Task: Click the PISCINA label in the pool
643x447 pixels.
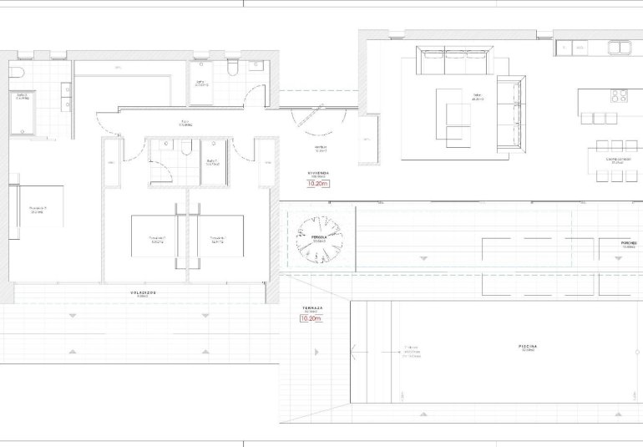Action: click(x=527, y=346)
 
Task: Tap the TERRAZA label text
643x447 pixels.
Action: click(x=312, y=308)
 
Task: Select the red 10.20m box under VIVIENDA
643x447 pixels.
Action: click(x=318, y=185)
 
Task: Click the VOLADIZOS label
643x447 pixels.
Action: click(x=144, y=292)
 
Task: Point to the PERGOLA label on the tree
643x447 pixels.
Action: click(x=318, y=237)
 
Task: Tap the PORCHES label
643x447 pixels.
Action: click(x=630, y=244)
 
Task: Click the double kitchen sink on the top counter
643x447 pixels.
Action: click(x=619, y=48)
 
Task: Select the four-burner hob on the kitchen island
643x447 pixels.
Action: click(x=619, y=95)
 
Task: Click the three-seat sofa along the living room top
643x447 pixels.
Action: click(x=455, y=60)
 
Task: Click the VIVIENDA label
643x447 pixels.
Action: click(x=318, y=173)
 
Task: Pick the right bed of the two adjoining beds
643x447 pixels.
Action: click(x=216, y=236)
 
